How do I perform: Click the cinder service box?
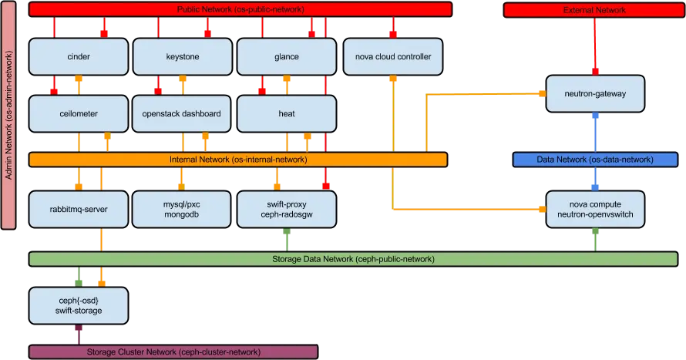coord(78,57)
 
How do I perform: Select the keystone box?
coord(182,57)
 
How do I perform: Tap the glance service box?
coord(286,57)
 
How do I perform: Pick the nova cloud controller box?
coord(393,57)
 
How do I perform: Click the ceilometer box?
coord(78,113)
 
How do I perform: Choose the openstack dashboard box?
coord(182,113)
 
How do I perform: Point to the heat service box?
coord(286,113)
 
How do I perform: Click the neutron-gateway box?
coord(594,93)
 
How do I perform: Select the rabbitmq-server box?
coord(78,209)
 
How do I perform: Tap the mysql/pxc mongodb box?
coord(182,209)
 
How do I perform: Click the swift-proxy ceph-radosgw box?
coord(286,209)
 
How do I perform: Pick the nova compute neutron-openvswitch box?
coord(594,209)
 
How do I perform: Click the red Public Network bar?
coord(238,9)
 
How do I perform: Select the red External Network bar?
coord(594,10)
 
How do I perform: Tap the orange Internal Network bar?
coord(238,160)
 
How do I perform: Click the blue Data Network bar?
coord(594,160)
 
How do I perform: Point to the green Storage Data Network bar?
coord(353,259)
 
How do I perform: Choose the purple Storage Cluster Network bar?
coord(173,352)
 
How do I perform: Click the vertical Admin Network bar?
coord(10,116)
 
